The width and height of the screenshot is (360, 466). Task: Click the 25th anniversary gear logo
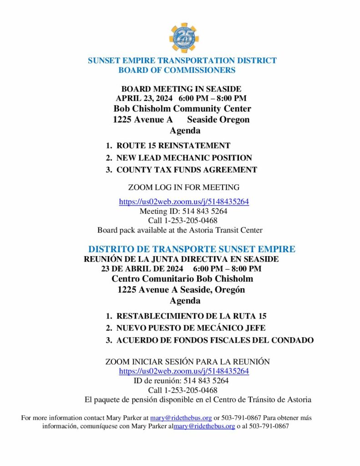(183, 38)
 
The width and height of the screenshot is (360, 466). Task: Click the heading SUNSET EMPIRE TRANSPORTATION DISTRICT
(182, 61)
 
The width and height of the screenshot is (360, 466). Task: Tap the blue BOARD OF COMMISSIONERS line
(177, 70)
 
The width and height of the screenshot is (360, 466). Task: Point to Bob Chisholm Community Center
(182, 109)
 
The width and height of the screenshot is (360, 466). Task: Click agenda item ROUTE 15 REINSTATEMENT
(173, 146)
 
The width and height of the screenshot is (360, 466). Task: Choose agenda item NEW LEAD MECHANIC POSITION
(184, 158)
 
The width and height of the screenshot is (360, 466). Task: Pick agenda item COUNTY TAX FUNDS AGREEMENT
(187, 170)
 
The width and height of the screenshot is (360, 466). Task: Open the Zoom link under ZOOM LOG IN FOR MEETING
(184, 202)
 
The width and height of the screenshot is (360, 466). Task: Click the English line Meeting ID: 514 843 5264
(183, 211)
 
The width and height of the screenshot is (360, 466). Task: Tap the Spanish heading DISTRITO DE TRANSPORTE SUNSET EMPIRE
(192, 249)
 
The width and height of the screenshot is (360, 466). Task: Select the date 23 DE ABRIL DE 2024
(142, 268)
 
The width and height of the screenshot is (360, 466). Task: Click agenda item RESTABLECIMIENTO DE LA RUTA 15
(191, 316)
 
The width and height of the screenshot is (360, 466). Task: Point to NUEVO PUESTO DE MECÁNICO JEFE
(191, 328)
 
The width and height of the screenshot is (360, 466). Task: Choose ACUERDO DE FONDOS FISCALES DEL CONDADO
(215, 340)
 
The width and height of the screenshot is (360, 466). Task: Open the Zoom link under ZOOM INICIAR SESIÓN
(184, 371)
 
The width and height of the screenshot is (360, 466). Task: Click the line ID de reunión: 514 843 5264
(181, 380)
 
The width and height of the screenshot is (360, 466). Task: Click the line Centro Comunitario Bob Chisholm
(182, 279)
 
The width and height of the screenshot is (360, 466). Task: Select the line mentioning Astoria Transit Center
(180, 230)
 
